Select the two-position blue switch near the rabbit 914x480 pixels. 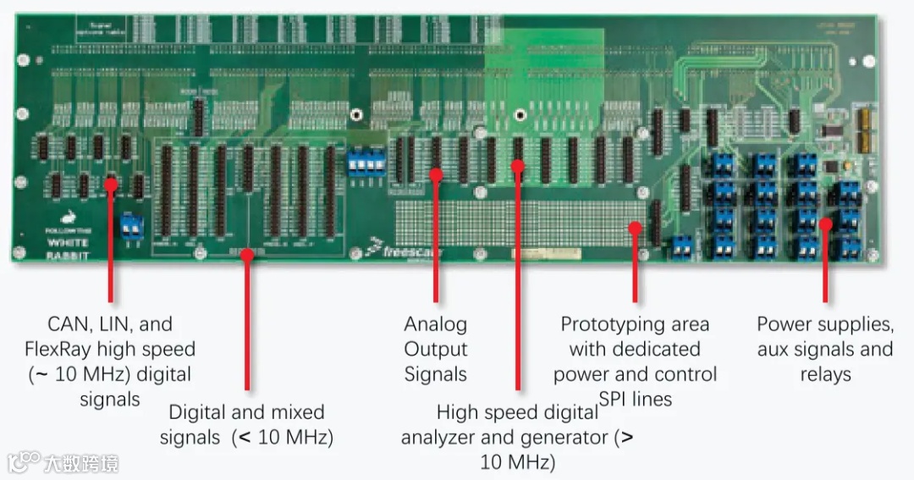pos(130,225)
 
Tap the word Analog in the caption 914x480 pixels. pos(435,324)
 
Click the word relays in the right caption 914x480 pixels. pos(825,374)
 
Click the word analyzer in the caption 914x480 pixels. pos(442,438)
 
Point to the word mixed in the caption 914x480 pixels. pos(295,413)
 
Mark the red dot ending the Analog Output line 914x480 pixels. pos(436,175)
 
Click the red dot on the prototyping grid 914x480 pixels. pos(635,226)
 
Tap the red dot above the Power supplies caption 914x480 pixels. pos(825,223)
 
